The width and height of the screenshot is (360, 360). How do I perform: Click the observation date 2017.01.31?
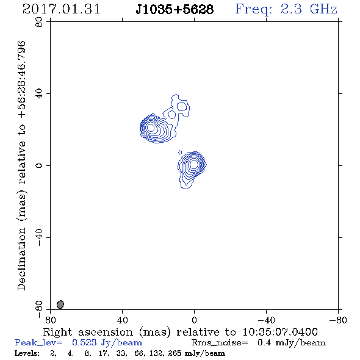click(61, 9)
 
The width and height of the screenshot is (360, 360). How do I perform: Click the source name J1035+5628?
click(175, 10)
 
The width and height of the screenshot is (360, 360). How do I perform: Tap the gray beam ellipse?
click(60, 304)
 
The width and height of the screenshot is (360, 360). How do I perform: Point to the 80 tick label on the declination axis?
click(39, 22)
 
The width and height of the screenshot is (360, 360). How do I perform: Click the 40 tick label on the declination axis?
click(39, 94)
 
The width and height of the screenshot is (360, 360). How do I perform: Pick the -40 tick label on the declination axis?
click(39, 237)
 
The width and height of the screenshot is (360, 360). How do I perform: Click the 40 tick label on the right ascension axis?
click(122, 320)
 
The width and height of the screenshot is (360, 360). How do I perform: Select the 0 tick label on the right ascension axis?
click(194, 320)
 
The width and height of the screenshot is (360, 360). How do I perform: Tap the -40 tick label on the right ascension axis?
click(266, 320)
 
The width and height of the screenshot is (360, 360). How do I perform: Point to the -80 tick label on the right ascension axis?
click(338, 320)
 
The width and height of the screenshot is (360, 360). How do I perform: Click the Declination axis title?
click(21, 165)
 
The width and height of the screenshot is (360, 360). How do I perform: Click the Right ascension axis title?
click(181, 332)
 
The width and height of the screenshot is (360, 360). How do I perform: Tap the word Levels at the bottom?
click(27, 353)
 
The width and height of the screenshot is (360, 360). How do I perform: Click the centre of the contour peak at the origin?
click(194, 164)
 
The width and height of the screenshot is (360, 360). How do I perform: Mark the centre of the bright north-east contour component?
click(151, 127)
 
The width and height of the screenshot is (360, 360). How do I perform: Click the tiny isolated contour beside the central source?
click(180, 152)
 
